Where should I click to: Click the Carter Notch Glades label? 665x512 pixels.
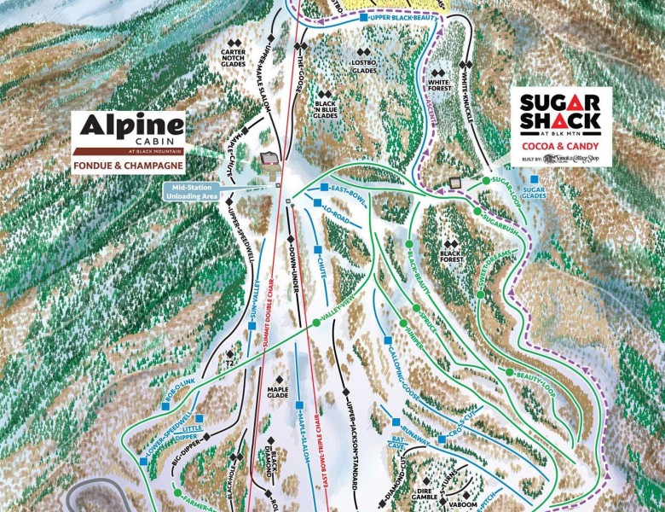tap(234, 56)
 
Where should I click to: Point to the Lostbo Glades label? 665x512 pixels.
tap(364, 67)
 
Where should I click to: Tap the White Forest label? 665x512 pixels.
tap(439, 83)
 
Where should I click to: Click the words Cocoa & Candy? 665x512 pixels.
tap(560, 147)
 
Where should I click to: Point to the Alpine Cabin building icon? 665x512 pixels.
tap(269, 160)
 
